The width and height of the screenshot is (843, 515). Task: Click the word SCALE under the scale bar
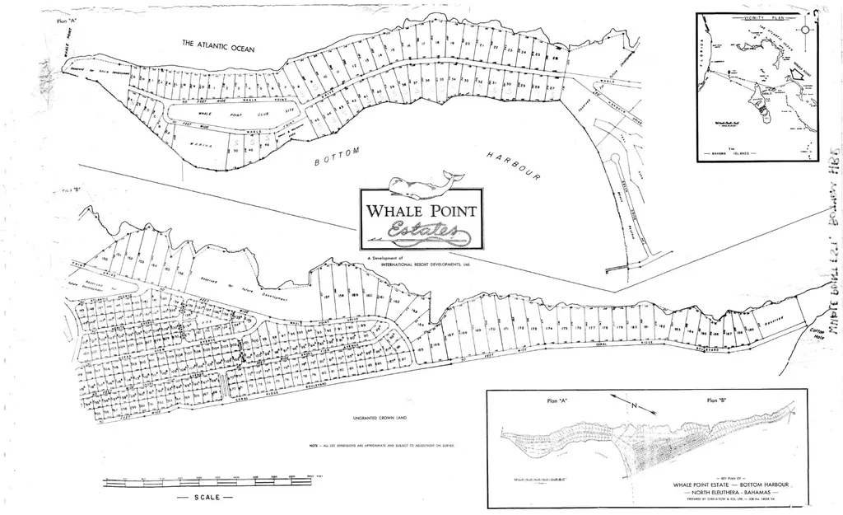coord(207,499)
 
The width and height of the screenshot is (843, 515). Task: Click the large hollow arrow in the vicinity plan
coord(796,73)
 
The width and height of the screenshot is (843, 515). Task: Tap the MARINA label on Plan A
coord(203,145)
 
